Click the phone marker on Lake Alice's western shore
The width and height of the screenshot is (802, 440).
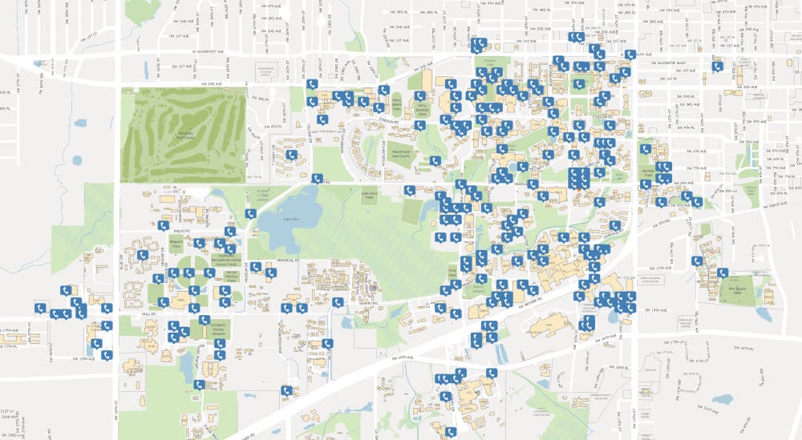(250, 213)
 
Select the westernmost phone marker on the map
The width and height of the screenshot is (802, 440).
(38, 307)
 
